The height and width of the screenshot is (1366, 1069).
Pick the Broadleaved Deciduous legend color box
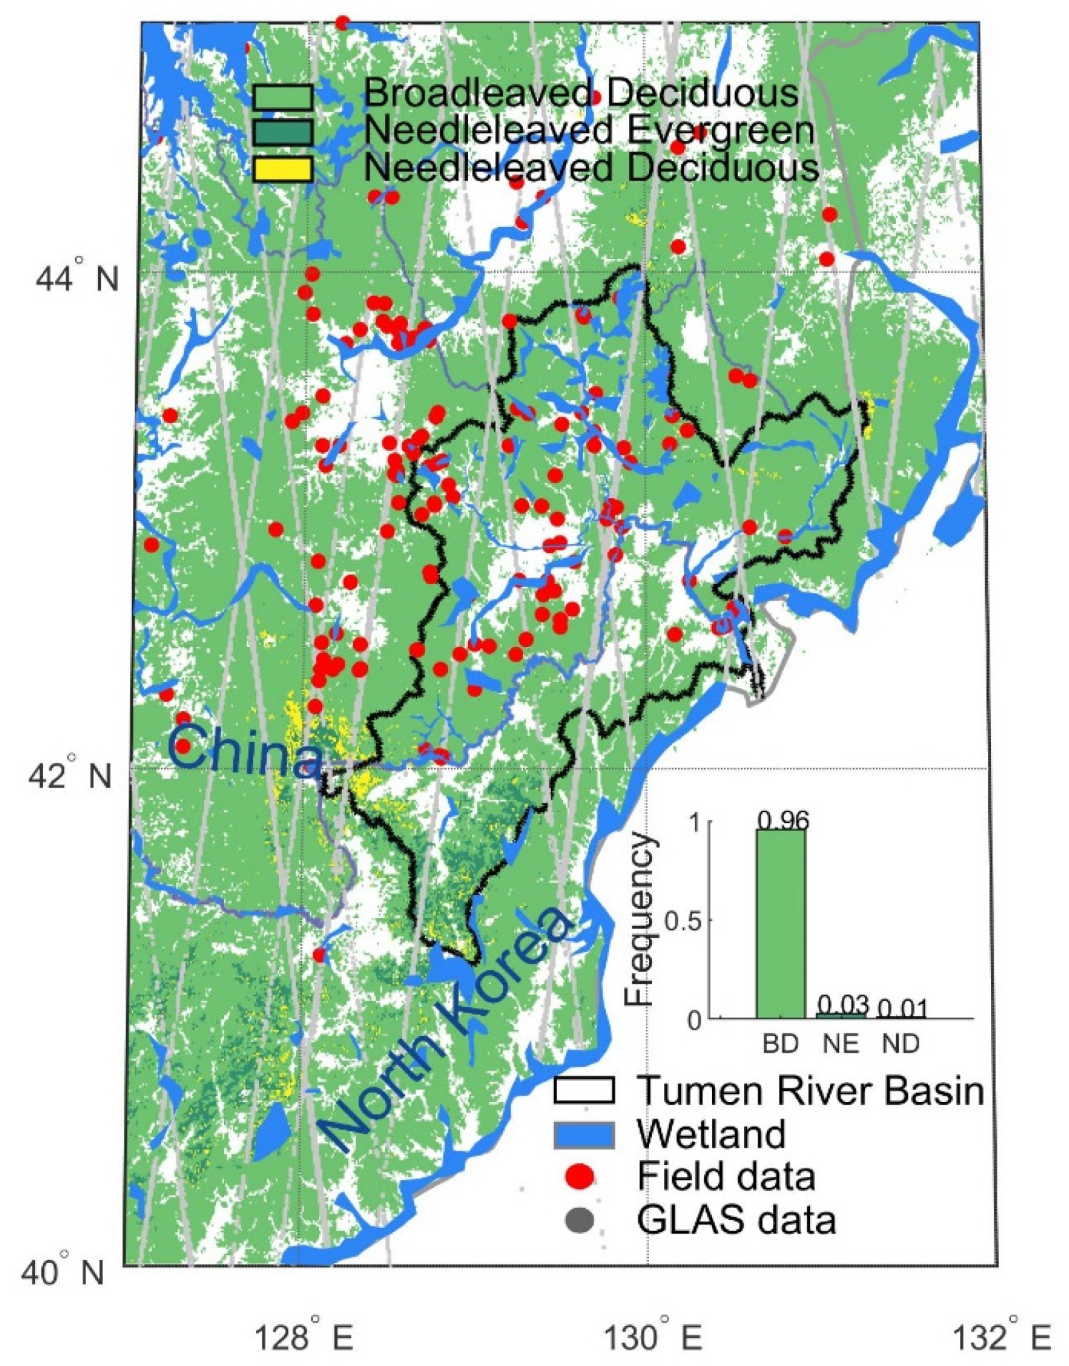282,96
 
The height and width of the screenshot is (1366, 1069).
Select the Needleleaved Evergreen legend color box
282,131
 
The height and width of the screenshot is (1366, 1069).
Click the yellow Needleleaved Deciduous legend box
282,168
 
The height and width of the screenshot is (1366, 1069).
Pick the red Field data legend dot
579,1176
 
